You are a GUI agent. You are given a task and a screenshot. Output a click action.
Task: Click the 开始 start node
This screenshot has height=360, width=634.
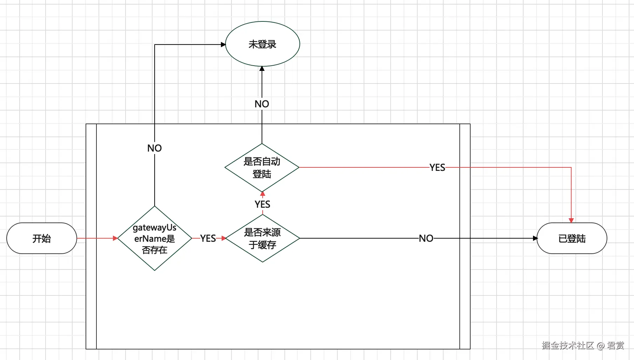(42, 238)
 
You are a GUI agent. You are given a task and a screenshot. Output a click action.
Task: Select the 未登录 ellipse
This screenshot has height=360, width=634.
(263, 44)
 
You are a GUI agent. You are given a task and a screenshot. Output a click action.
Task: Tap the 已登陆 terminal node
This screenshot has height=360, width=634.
(572, 238)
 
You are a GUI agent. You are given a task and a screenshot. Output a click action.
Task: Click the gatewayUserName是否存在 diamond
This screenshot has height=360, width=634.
(155, 238)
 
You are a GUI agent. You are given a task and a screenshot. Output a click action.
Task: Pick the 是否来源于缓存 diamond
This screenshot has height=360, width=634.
(263, 238)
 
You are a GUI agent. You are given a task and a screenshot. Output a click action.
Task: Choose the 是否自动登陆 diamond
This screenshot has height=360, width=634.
(262, 167)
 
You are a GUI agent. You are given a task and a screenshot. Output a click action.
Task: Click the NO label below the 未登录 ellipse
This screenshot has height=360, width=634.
(262, 104)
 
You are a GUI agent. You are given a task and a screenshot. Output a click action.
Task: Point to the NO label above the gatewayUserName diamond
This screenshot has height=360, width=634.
(155, 148)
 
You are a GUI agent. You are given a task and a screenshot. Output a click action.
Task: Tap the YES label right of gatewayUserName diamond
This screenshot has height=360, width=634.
(208, 239)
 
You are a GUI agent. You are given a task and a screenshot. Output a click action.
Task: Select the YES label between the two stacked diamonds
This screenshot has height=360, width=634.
(263, 204)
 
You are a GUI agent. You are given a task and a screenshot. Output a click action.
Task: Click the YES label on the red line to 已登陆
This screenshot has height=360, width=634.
(437, 168)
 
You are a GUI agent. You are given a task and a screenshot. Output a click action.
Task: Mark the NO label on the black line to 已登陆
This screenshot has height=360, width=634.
(426, 239)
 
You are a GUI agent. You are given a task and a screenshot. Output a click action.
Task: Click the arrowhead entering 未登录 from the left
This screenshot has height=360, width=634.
(223, 45)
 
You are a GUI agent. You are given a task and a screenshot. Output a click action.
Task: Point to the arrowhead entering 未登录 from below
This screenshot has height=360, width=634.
(262, 68)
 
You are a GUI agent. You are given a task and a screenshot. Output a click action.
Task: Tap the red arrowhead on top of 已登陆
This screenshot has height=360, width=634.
(571, 220)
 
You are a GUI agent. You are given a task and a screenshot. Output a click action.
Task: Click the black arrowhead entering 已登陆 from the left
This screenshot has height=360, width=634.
(535, 238)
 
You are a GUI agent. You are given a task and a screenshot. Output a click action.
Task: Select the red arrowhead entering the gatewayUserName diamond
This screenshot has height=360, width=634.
(115, 238)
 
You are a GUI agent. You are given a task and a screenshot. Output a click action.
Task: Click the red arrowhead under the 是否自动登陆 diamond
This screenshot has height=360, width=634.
(263, 194)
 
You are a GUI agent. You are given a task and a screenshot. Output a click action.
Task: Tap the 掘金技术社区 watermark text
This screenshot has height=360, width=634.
(568, 346)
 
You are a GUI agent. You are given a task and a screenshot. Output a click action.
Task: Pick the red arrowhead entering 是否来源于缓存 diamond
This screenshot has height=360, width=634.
(224, 238)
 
